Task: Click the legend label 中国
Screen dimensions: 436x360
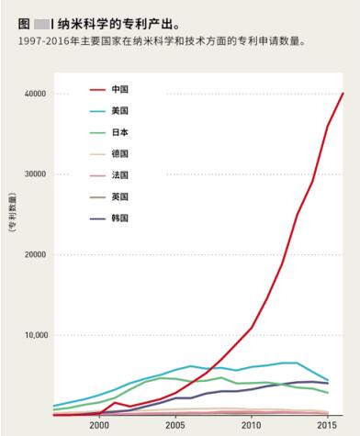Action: (x=119, y=89)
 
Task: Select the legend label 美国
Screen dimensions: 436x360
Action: (x=119, y=110)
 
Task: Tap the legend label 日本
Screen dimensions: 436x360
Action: (x=119, y=132)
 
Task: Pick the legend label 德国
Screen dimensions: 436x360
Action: (x=119, y=153)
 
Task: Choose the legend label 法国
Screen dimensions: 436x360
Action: (x=119, y=174)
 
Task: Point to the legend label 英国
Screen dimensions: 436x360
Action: (x=119, y=196)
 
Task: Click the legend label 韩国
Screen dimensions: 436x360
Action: (x=119, y=218)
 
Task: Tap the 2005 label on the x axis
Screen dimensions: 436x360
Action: (x=174, y=426)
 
